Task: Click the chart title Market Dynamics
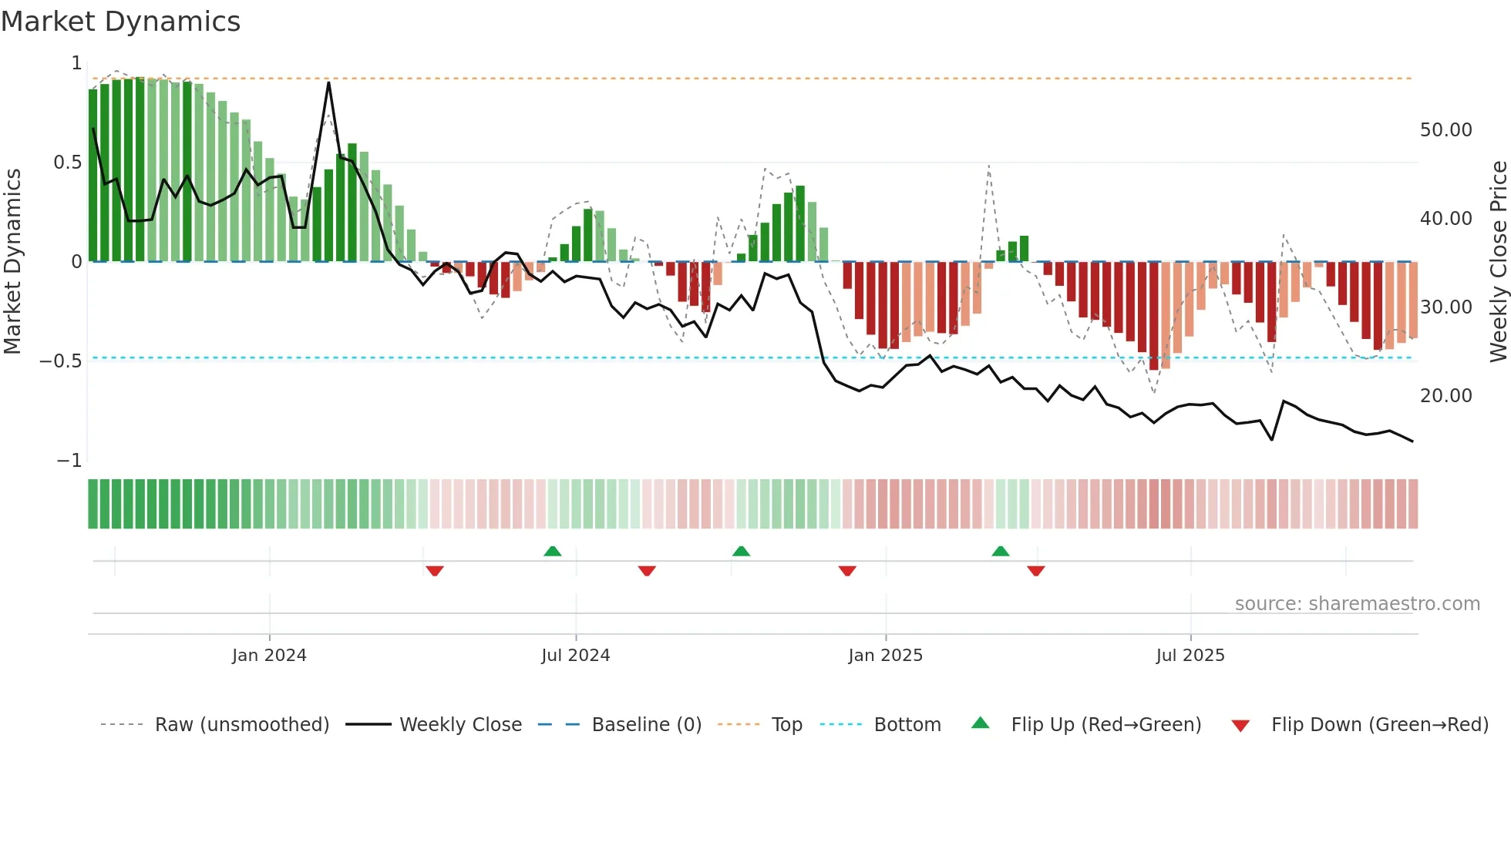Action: tap(121, 22)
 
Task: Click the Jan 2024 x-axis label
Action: tap(269, 656)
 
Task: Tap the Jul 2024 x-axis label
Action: tap(575, 656)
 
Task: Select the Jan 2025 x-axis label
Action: tap(885, 656)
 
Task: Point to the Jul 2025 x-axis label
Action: tap(1190, 656)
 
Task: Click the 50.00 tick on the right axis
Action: tap(1445, 130)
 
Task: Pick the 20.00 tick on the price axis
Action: tap(1445, 396)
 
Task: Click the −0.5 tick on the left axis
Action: tap(60, 361)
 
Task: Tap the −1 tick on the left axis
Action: tap(69, 461)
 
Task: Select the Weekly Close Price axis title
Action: tap(1498, 261)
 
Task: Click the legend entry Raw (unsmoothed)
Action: tap(241, 725)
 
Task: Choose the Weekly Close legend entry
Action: tap(460, 725)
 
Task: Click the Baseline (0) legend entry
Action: tap(646, 725)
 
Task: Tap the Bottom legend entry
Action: tap(907, 725)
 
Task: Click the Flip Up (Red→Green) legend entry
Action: tap(1105, 725)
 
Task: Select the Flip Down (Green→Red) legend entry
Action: tap(1379, 725)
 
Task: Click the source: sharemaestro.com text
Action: tap(1357, 604)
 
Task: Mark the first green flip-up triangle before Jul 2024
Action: tap(552, 552)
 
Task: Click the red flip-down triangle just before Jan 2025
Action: tap(847, 571)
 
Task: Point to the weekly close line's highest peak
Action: tap(328, 82)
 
